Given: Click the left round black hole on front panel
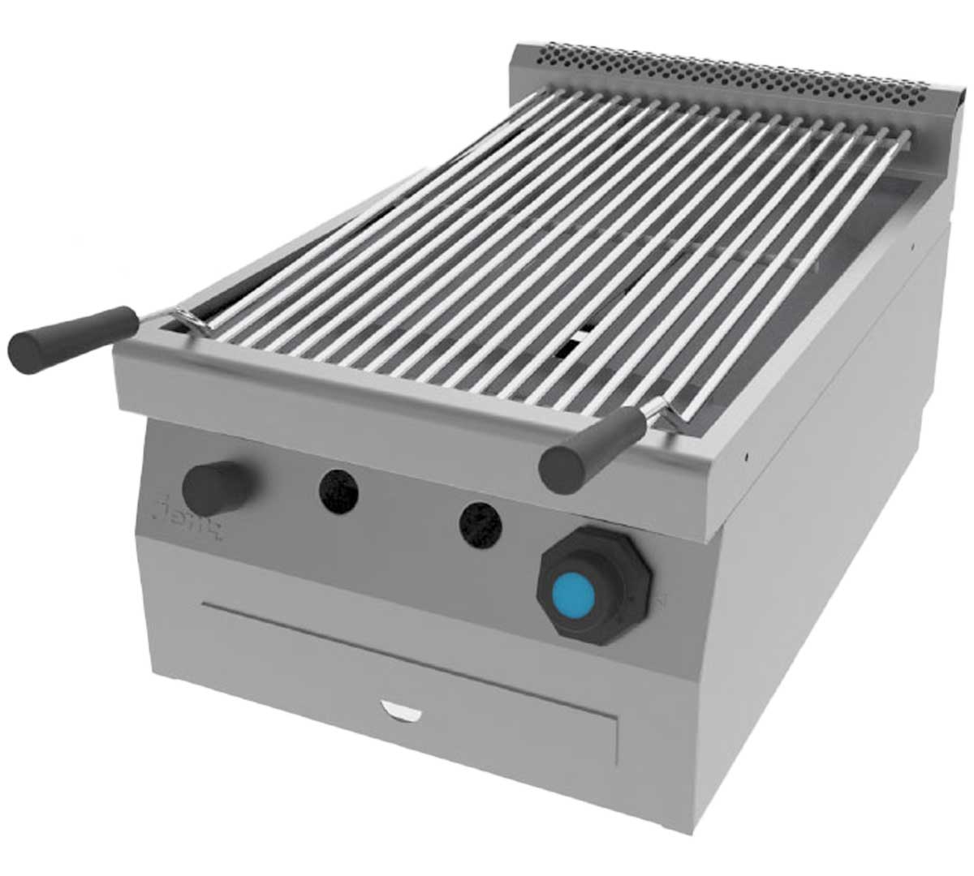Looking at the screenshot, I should [338, 490].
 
